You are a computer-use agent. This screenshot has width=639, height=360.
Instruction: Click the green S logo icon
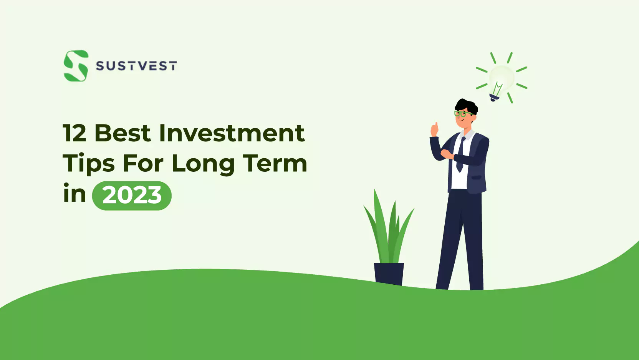click(x=76, y=66)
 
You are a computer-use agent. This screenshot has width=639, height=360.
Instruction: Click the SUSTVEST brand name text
click(x=136, y=66)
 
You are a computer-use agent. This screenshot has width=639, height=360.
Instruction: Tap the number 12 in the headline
click(x=74, y=133)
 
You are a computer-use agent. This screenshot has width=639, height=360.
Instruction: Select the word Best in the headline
click(x=123, y=133)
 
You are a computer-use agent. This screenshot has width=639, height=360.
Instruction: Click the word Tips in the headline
click(x=88, y=164)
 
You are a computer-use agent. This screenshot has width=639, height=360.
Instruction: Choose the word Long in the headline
click(x=203, y=164)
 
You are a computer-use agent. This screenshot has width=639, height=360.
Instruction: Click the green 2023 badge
click(x=132, y=196)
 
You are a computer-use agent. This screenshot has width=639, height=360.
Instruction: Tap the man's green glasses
click(x=462, y=114)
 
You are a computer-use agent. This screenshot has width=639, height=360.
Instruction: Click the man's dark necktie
click(x=461, y=154)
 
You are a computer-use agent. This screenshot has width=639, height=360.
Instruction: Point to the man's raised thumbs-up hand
click(x=434, y=129)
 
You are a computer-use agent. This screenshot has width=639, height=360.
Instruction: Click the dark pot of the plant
click(x=389, y=274)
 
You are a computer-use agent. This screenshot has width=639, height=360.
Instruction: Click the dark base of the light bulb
click(x=494, y=97)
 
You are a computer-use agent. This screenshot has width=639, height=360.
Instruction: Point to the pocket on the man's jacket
click(x=477, y=178)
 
